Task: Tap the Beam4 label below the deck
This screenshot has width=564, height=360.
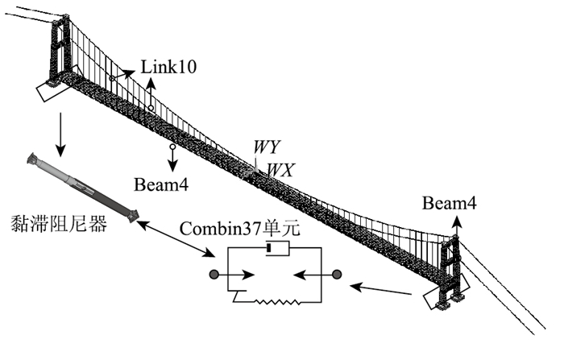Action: pyautogui.click(x=161, y=185)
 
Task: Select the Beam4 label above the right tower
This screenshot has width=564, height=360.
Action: pyautogui.click(x=449, y=205)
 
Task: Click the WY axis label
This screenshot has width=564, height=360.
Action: pyautogui.click(x=266, y=147)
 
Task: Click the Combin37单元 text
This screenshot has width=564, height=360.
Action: pyautogui.click(x=239, y=229)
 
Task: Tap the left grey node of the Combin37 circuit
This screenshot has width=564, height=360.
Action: pyautogui.click(x=214, y=275)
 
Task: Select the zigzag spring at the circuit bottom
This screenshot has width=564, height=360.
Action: pyautogui.click(x=276, y=303)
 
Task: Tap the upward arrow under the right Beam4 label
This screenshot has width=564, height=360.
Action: pyautogui.click(x=453, y=226)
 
